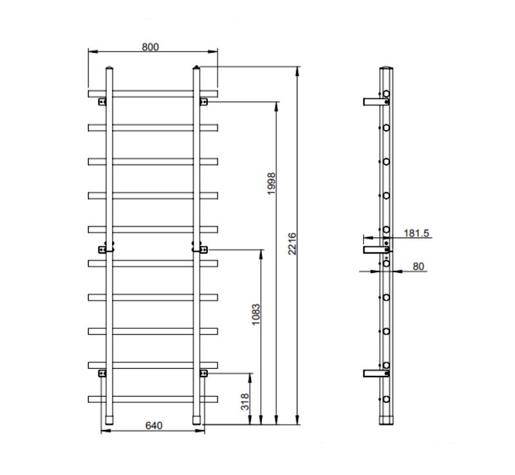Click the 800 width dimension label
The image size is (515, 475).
pyautogui.click(x=150, y=47)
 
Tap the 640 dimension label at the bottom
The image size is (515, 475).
pyautogui.click(x=154, y=425)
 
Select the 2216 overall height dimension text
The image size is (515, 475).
pyautogui.click(x=292, y=244)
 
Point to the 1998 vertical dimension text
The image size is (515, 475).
pyautogui.click(x=271, y=183)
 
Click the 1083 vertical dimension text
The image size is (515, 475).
pyautogui.click(x=256, y=314)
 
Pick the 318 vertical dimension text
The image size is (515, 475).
pyautogui.click(x=245, y=402)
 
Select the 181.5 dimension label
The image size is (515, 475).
pyautogui.click(x=416, y=233)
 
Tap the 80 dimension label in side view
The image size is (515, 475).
pyautogui.click(x=418, y=266)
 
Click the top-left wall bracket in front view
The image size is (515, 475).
pyautogui.click(x=102, y=102)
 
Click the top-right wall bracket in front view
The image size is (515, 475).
pyautogui.click(x=203, y=102)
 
